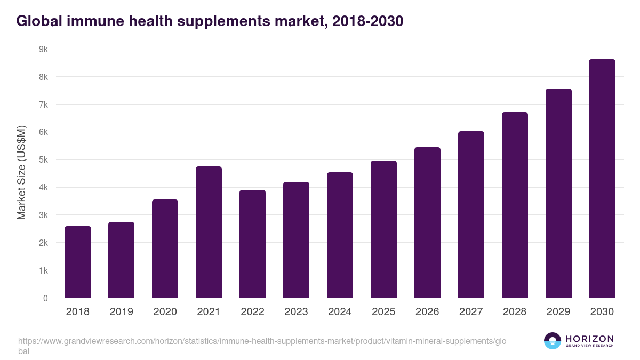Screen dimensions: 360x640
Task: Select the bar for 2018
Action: coord(78,262)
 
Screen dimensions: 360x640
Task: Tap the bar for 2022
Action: coord(252,244)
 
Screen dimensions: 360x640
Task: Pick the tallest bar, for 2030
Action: coord(602,179)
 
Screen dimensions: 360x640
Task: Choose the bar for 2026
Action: coord(427,222)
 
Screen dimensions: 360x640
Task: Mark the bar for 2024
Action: coord(340,235)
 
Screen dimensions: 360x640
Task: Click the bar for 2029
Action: coord(558,193)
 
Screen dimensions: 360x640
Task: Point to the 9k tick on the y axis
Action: coord(43,49)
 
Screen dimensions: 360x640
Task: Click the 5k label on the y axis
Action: coord(43,160)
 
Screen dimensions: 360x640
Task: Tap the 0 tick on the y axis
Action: coord(45,298)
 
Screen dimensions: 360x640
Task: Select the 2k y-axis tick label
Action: coord(43,243)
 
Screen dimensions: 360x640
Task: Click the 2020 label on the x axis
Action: coord(165,312)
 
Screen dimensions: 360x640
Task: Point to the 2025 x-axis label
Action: coord(383,312)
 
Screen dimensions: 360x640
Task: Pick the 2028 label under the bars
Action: coord(515,312)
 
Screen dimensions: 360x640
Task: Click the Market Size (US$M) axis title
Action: coord(21,173)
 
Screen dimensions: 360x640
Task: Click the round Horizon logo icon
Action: coord(553,341)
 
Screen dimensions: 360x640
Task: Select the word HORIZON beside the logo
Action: coord(589,339)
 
